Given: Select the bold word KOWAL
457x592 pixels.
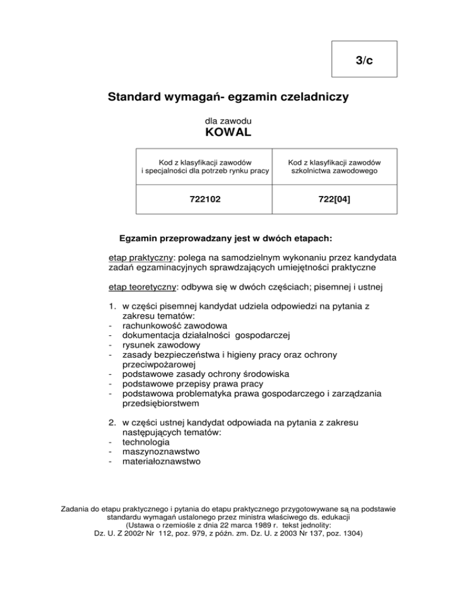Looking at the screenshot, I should pyautogui.click(x=228, y=132).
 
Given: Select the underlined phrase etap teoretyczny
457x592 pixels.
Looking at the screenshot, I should pyautogui.click(x=143, y=288).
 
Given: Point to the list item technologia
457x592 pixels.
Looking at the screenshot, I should pyautogui.click(x=148, y=443).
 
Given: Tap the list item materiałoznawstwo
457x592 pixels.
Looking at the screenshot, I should pyautogui.click(x=161, y=461).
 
